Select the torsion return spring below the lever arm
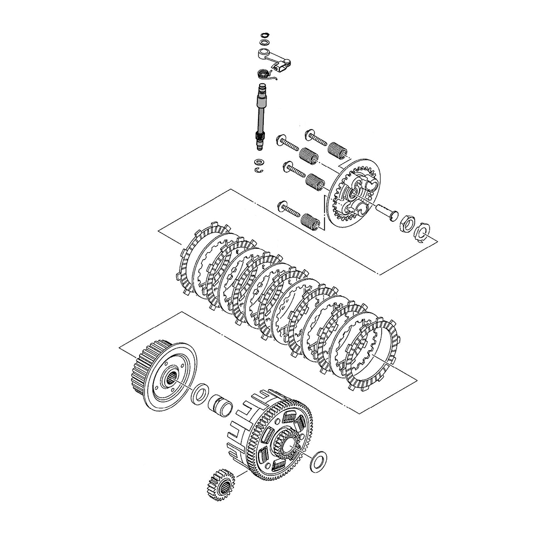(x=263, y=74)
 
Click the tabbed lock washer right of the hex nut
(x=421, y=232)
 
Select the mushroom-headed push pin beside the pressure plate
(x=384, y=211)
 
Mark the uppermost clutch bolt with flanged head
(x=316, y=138)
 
